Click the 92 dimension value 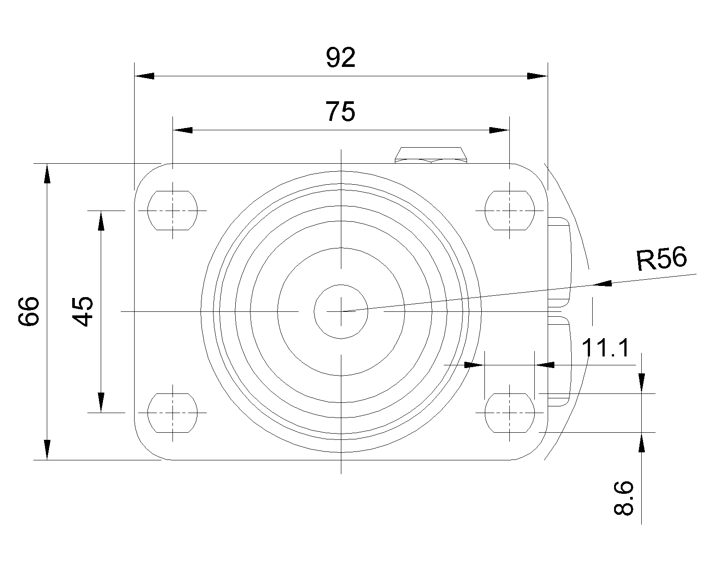[341, 58]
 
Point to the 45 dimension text [83, 311]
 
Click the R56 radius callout [662, 260]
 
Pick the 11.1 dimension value [606, 348]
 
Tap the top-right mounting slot [509, 210]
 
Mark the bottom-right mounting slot [509, 413]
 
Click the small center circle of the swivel [341, 311]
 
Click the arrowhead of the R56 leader [602, 284]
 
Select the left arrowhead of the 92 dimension [144, 76]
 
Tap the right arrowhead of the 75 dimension [498, 130]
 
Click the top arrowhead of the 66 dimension [47, 174]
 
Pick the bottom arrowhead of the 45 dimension [101, 401]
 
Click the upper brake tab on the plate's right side [559, 261]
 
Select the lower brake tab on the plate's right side [559, 360]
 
